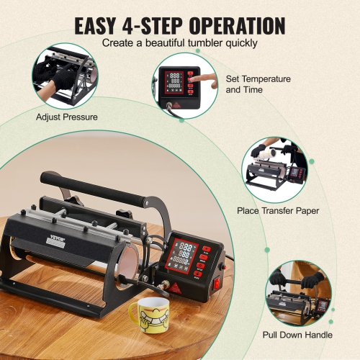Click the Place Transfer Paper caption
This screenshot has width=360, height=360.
(278, 210)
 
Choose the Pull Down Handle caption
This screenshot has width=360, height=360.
(299, 335)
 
